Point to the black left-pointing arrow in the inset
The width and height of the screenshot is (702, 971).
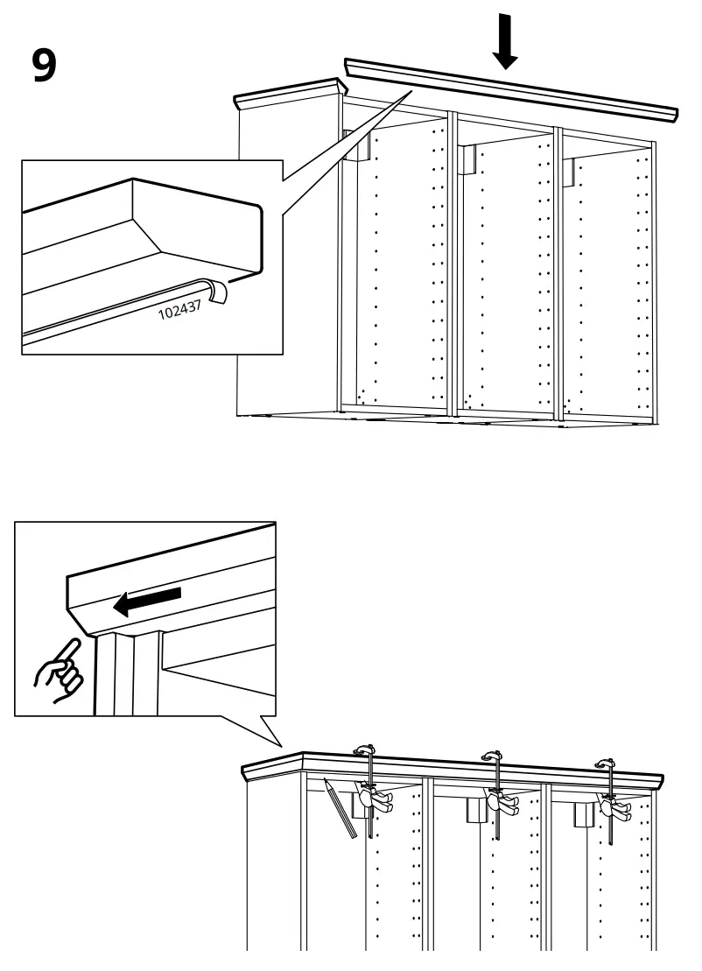[x=149, y=601]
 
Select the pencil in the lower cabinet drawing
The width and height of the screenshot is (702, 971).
[x=340, y=808]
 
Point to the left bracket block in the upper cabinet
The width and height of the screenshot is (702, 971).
[x=358, y=146]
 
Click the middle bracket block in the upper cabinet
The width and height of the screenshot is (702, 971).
[x=466, y=159]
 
